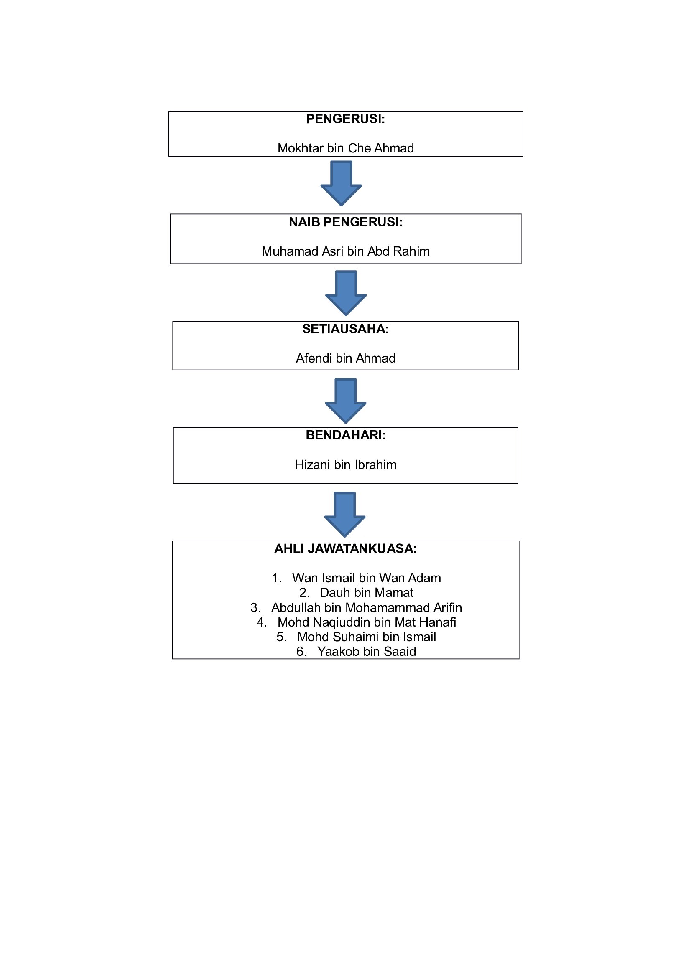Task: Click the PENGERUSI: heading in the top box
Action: pos(345,119)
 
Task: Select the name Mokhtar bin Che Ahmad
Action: pos(345,148)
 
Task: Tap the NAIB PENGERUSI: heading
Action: pos(345,222)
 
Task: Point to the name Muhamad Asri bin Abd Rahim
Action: pos(345,251)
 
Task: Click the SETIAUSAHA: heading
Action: pos(345,329)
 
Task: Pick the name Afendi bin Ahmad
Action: pos(345,358)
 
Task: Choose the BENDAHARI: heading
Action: pos(345,435)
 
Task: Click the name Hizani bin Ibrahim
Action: pos(345,464)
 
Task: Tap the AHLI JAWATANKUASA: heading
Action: pos(345,549)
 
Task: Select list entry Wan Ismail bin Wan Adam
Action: pos(366,578)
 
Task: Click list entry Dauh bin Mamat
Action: pos(367,593)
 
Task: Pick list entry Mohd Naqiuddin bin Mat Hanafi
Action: pos(367,622)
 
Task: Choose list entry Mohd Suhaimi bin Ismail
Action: pos(366,637)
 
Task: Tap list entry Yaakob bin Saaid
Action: pos(367,652)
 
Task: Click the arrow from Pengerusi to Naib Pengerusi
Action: pos(341,183)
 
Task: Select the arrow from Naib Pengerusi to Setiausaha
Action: pos(346,293)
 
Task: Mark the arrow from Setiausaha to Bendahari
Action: pos(345,401)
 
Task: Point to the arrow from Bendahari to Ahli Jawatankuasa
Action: pos(344,515)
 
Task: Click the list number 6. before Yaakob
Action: pos(301,652)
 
